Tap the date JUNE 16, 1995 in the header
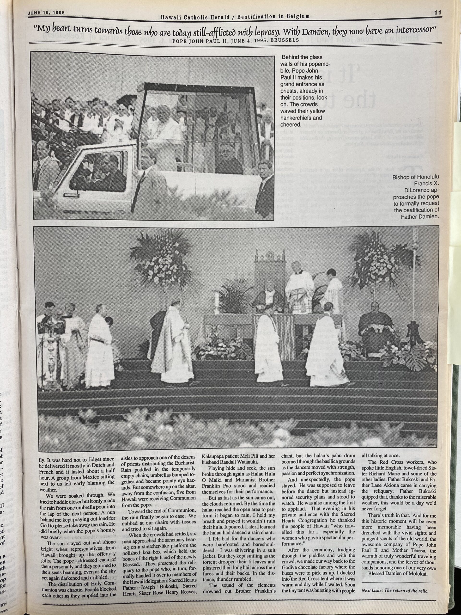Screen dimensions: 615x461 (x=46, y=13)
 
